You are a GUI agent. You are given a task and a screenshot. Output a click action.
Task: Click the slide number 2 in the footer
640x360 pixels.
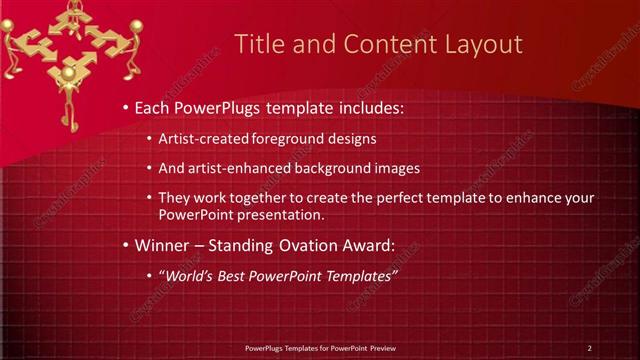pyautogui.click(x=589, y=348)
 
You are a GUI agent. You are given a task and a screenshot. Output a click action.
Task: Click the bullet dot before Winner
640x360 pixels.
pyautogui.click(x=124, y=245)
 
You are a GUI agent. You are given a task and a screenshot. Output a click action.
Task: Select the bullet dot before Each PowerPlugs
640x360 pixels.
pyautogui.click(x=124, y=107)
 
